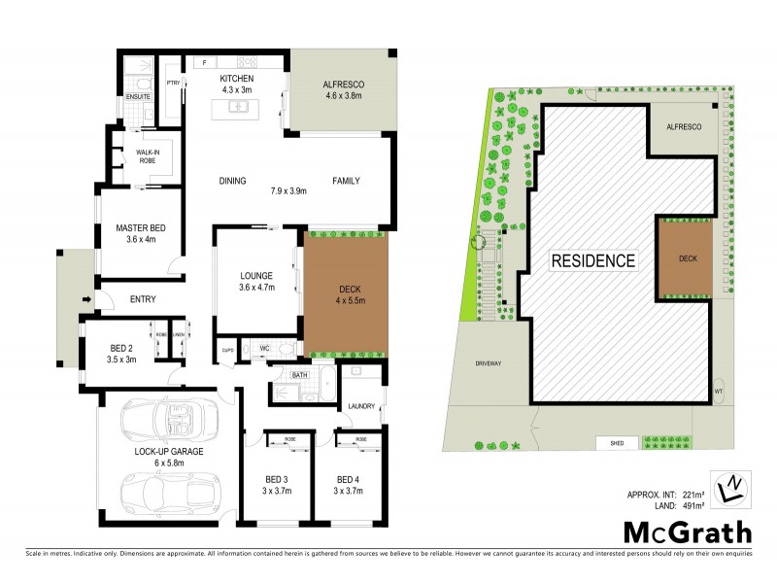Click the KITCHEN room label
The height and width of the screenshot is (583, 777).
[x=236, y=78]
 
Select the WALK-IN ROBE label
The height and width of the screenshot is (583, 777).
[x=148, y=156]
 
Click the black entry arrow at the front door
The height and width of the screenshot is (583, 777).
[x=87, y=298]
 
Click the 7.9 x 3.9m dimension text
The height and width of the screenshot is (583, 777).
[x=288, y=191]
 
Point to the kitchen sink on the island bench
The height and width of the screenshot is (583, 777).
[x=236, y=107]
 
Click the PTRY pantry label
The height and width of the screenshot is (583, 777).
[x=174, y=84]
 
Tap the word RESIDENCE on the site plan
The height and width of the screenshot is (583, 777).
[x=593, y=260]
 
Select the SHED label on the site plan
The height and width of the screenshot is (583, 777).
[x=616, y=444]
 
